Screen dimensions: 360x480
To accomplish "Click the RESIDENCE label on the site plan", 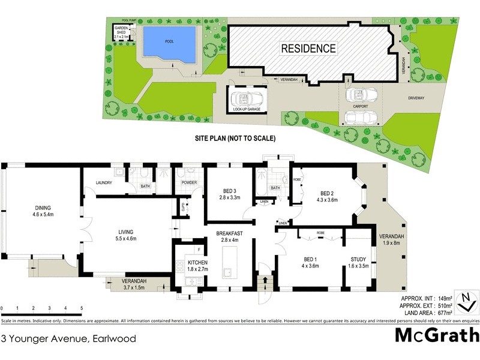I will [308, 48].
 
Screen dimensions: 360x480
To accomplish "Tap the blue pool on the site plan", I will [169, 46].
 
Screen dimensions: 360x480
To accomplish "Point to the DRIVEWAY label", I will [421, 97].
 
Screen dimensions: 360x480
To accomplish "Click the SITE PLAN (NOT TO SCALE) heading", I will [235, 138].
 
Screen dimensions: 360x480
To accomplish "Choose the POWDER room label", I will [188, 183].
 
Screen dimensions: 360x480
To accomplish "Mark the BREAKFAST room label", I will [229, 236].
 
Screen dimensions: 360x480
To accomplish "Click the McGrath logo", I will [436, 335].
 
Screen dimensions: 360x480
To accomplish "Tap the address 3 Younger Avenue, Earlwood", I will [69, 338].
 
